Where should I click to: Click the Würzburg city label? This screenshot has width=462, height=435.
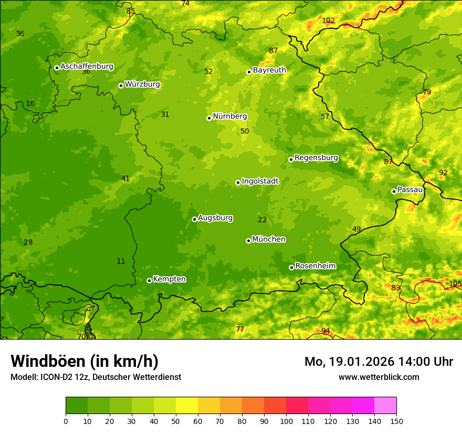pyautogui.click(x=142, y=84)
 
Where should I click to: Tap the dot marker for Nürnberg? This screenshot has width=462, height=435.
pyautogui.click(x=209, y=118)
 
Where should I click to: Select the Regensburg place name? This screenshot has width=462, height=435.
pyautogui.click(x=316, y=158)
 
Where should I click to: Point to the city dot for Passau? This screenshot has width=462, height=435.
pyautogui.click(x=394, y=191)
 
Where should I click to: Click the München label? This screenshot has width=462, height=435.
pyautogui.click(x=269, y=240)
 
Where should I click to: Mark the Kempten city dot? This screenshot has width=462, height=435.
pyautogui.click(x=149, y=280)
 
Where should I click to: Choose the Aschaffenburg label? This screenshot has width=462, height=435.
pyautogui.click(x=87, y=67)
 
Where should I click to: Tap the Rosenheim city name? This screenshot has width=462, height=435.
pyautogui.click(x=315, y=266)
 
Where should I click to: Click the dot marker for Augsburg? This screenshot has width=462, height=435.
pyautogui.click(x=194, y=219)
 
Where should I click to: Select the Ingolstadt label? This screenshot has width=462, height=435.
pyautogui.click(x=260, y=181)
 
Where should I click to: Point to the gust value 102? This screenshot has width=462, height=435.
pyautogui.click(x=328, y=21)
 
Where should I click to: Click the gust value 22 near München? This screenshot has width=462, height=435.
pyautogui.click(x=262, y=220)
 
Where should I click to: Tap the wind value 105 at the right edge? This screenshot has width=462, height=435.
pyautogui.click(x=455, y=284)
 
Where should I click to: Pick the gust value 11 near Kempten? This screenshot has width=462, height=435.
pyautogui.click(x=121, y=261)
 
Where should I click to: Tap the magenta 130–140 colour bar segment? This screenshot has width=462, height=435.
pyautogui.click(x=363, y=405)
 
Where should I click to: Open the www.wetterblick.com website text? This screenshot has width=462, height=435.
pyautogui.click(x=379, y=377)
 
